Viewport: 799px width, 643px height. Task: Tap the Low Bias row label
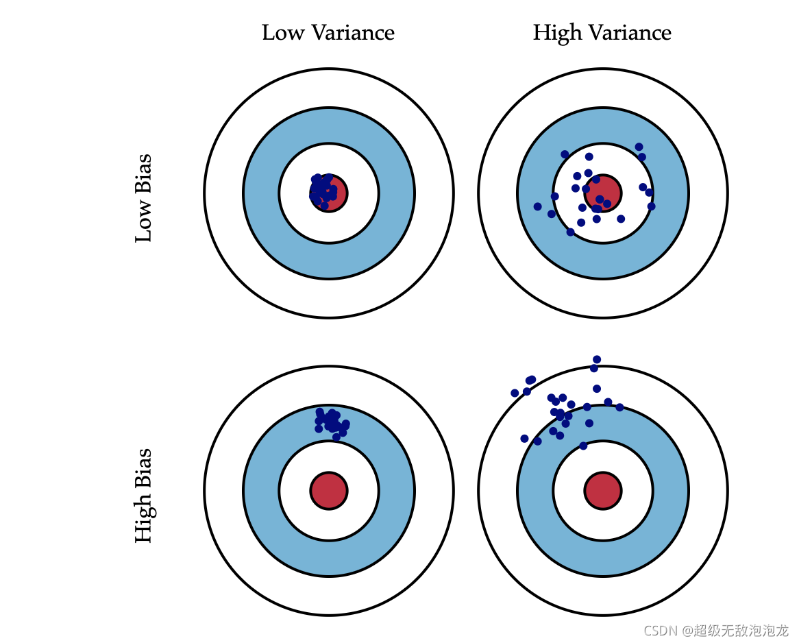(143, 198)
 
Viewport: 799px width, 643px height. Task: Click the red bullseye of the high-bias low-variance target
(329, 491)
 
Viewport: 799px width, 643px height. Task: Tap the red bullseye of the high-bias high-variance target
(603, 491)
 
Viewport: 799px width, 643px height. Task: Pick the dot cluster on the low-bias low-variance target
(323, 191)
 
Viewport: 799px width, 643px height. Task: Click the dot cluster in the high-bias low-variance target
(332, 421)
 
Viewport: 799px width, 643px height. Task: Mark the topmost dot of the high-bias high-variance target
(597, 359)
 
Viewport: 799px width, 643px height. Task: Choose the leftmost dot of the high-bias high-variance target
(515, 393)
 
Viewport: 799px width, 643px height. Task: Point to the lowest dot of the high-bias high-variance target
(583, 446)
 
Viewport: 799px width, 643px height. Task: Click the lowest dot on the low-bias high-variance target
(570, 232)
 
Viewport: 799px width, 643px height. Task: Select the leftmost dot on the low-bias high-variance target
(537, 206)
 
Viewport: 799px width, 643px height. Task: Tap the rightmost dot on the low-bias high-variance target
(651, 206)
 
